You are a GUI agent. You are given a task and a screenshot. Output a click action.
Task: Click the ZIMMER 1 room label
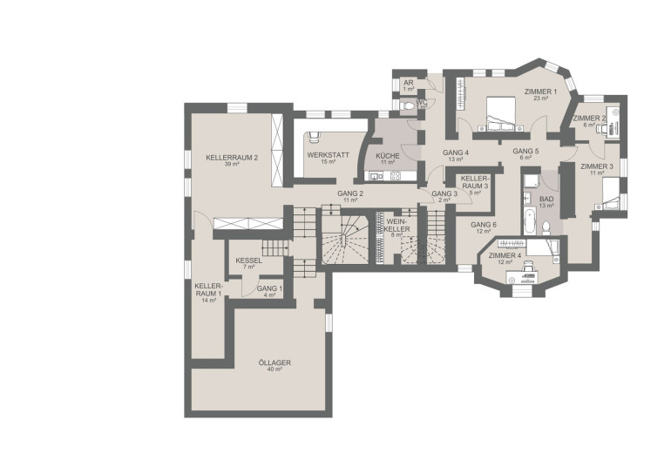click(x=540, y=91)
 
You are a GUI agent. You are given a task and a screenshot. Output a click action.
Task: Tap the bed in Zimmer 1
click(x=501, y=113)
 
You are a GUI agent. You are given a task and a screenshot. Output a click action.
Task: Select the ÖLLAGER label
click(x=274, y=362)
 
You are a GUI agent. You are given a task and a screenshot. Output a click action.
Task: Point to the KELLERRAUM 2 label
click(x=232, y=158)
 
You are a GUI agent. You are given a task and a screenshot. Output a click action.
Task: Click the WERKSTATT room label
click(x=329, y=155)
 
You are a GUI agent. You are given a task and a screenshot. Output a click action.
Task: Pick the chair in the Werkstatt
click(x=314, y=136)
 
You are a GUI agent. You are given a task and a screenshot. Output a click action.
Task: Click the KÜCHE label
click(x=388, y=156)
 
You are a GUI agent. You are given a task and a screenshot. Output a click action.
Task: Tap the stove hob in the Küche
click(x=395, y=175)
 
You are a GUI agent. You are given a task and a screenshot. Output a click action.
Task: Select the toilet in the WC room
click(x=409, y=105)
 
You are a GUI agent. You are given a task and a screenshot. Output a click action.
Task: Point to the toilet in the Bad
click(x=546, y=228)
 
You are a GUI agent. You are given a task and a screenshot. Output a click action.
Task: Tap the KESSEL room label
click(x=249, y=261)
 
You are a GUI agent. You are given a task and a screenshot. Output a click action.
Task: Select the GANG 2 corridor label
click(x=350, y=193)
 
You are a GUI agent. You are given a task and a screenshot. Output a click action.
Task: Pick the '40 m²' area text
click(x=274, y=369)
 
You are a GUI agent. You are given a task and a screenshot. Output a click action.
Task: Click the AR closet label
click(x=408, y=83)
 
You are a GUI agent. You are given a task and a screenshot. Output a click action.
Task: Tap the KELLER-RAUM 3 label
click(x=474, y=182)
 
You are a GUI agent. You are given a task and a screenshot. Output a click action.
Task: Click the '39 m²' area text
click(x=232, y=164)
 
